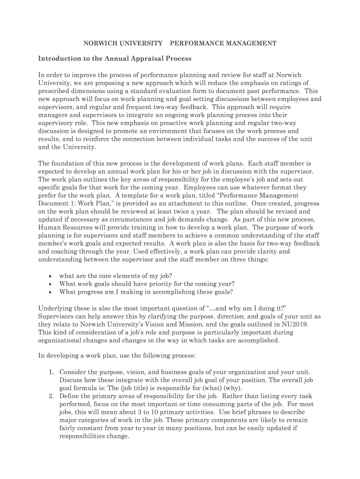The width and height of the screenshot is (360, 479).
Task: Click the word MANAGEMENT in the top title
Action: [250, 43]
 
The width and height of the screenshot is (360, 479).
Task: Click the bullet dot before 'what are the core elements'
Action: [50, 276]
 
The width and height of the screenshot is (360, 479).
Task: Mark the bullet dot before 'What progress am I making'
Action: [50, 292]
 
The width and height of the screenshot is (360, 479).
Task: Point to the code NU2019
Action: [295, 324]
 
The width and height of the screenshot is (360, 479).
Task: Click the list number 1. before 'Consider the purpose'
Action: [52, 372]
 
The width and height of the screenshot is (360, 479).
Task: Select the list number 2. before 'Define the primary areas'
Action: [52, 396]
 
